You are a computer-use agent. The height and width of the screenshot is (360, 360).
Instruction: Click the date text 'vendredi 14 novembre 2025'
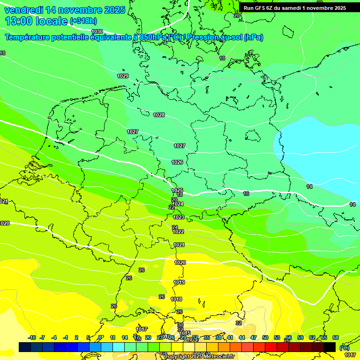tap(65, 10)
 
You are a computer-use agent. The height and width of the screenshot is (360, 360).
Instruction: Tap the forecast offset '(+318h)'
tap(83, 21)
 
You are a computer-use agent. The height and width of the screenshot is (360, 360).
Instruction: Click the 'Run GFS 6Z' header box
tap(294, 8)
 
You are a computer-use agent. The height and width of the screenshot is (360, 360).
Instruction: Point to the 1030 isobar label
tap(97, 31)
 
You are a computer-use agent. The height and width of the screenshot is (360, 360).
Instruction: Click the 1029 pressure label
tap(123, 76)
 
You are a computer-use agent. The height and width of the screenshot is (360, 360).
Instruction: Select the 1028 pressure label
tap(159, 115)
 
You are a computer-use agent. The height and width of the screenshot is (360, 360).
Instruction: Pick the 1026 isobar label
tap(177, 162)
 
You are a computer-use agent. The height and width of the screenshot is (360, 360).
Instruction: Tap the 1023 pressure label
tap(179, 217)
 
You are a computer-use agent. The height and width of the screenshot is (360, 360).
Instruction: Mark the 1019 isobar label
tap(179, 282)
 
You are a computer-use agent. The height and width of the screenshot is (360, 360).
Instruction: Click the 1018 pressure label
tap(176, 299)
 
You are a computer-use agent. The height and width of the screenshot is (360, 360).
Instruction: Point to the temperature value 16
tap(246, 193)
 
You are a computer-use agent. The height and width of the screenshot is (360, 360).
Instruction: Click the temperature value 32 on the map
tap(239, 323)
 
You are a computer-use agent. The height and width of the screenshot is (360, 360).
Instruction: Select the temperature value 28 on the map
tap(129, 278)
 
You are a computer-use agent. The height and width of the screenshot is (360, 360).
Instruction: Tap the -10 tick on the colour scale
tap(32, 337)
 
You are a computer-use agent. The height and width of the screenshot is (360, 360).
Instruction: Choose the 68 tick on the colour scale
tap(336, 337)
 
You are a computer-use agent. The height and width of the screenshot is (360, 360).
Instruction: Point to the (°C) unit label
tap(344, 347)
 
